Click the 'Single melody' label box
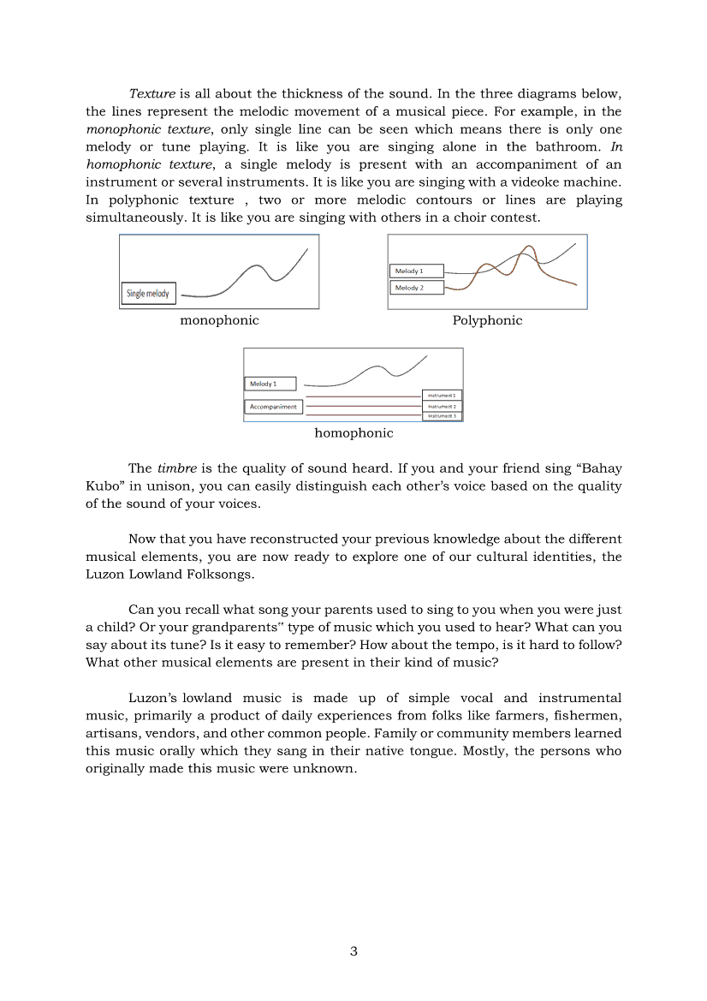[148, 294]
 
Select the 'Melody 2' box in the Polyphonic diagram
[417, 288]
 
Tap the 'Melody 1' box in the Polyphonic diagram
[417, 271]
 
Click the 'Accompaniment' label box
[273, 407]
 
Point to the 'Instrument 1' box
[442, 396]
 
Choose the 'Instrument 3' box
[442, 415]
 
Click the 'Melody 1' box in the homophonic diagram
[270, 384]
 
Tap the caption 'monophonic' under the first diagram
[219, 320]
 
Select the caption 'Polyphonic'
[487, 320]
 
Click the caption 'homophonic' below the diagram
[353, 433]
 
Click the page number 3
[353, 951]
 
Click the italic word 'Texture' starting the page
[152, 93]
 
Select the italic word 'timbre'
[177, 468]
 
